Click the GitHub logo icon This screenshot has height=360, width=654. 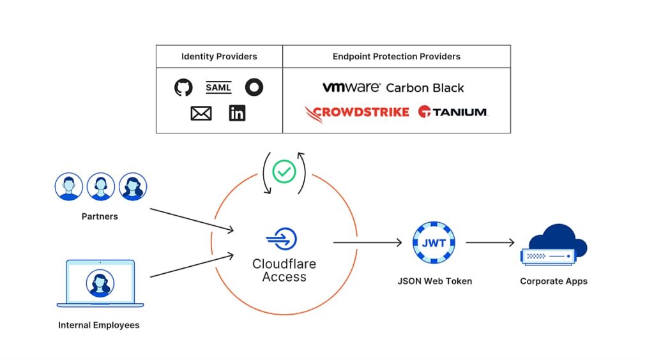tap(183, 87)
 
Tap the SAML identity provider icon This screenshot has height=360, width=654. tap(218, 87)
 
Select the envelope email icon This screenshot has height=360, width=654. tap(201, 114)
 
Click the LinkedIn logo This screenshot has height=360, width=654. tap(238, 113)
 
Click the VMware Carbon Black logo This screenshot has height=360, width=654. tap(393, 87)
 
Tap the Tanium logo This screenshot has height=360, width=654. tap(453, 112)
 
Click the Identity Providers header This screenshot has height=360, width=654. tap(219, 56)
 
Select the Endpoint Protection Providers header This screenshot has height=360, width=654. tap(396, 56)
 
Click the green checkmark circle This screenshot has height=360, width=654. tap(284, 171)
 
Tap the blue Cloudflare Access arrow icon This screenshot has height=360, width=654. tap(282, 239)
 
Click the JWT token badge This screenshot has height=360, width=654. tap(434, 243)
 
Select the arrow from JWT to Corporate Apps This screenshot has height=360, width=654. tap(490, 243)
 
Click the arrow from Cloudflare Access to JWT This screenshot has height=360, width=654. tap(367, 243)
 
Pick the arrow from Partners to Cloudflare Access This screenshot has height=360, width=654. tap(192, 220)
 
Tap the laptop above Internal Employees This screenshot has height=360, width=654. tap(100, 283)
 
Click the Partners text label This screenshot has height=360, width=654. tap(100, 216)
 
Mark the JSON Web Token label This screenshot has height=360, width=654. tap(434, 281)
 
